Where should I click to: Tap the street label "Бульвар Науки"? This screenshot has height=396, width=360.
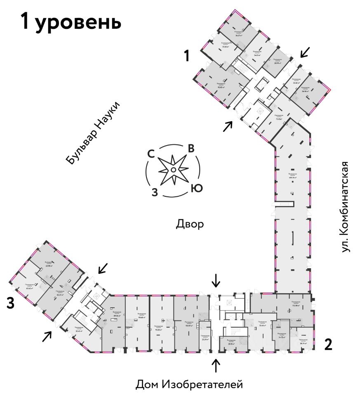[x=94, y=132]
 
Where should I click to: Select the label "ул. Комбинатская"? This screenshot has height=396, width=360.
[x=346, y=207]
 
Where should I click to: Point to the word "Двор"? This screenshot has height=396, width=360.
[x=190, y=224]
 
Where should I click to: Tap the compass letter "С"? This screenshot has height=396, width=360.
[x=151, y=154]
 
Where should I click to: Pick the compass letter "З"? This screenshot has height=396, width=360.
[x=154, y=192]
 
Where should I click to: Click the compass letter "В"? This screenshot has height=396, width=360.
[x=191, y=148]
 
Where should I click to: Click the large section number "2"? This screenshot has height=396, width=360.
[x=328, y=344]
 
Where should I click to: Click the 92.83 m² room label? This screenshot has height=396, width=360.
[x=221, y=85]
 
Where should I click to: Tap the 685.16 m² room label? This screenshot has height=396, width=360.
[x=293, y=176]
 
